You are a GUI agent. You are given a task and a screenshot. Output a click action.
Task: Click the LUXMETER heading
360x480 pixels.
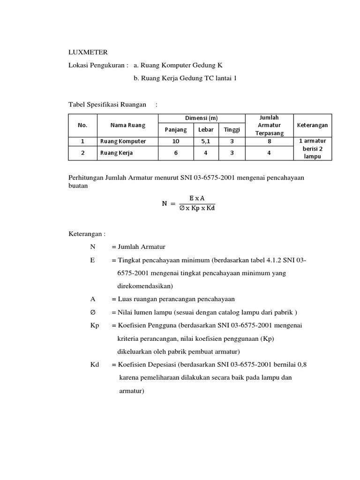88,52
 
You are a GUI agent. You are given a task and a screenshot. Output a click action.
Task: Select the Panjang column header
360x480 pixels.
176,129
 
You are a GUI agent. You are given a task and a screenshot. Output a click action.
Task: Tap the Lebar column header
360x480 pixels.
206,129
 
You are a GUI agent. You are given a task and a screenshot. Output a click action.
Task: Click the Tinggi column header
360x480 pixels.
231,129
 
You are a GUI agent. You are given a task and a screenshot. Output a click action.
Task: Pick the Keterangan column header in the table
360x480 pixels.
312,125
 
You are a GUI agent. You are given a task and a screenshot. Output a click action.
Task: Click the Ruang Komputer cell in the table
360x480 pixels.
123,141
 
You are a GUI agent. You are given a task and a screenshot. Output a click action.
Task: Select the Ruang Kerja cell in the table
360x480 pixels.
116,153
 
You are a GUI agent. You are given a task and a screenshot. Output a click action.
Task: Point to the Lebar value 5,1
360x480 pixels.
206,141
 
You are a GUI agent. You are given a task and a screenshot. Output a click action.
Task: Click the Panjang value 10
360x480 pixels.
176,141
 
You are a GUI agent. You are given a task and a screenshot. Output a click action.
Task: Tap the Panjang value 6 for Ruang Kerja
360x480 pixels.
176,153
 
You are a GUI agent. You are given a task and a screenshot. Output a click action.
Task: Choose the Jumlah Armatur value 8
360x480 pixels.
269,141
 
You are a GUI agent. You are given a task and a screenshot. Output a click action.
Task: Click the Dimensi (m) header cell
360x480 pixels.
202,118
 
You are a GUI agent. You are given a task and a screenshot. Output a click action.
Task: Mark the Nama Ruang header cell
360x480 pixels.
127,125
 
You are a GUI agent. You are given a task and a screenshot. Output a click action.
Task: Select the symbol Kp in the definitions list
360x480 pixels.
94,325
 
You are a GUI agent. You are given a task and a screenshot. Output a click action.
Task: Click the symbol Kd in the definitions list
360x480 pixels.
94,364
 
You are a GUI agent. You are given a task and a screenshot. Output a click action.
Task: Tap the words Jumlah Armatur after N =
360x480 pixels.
142,247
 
